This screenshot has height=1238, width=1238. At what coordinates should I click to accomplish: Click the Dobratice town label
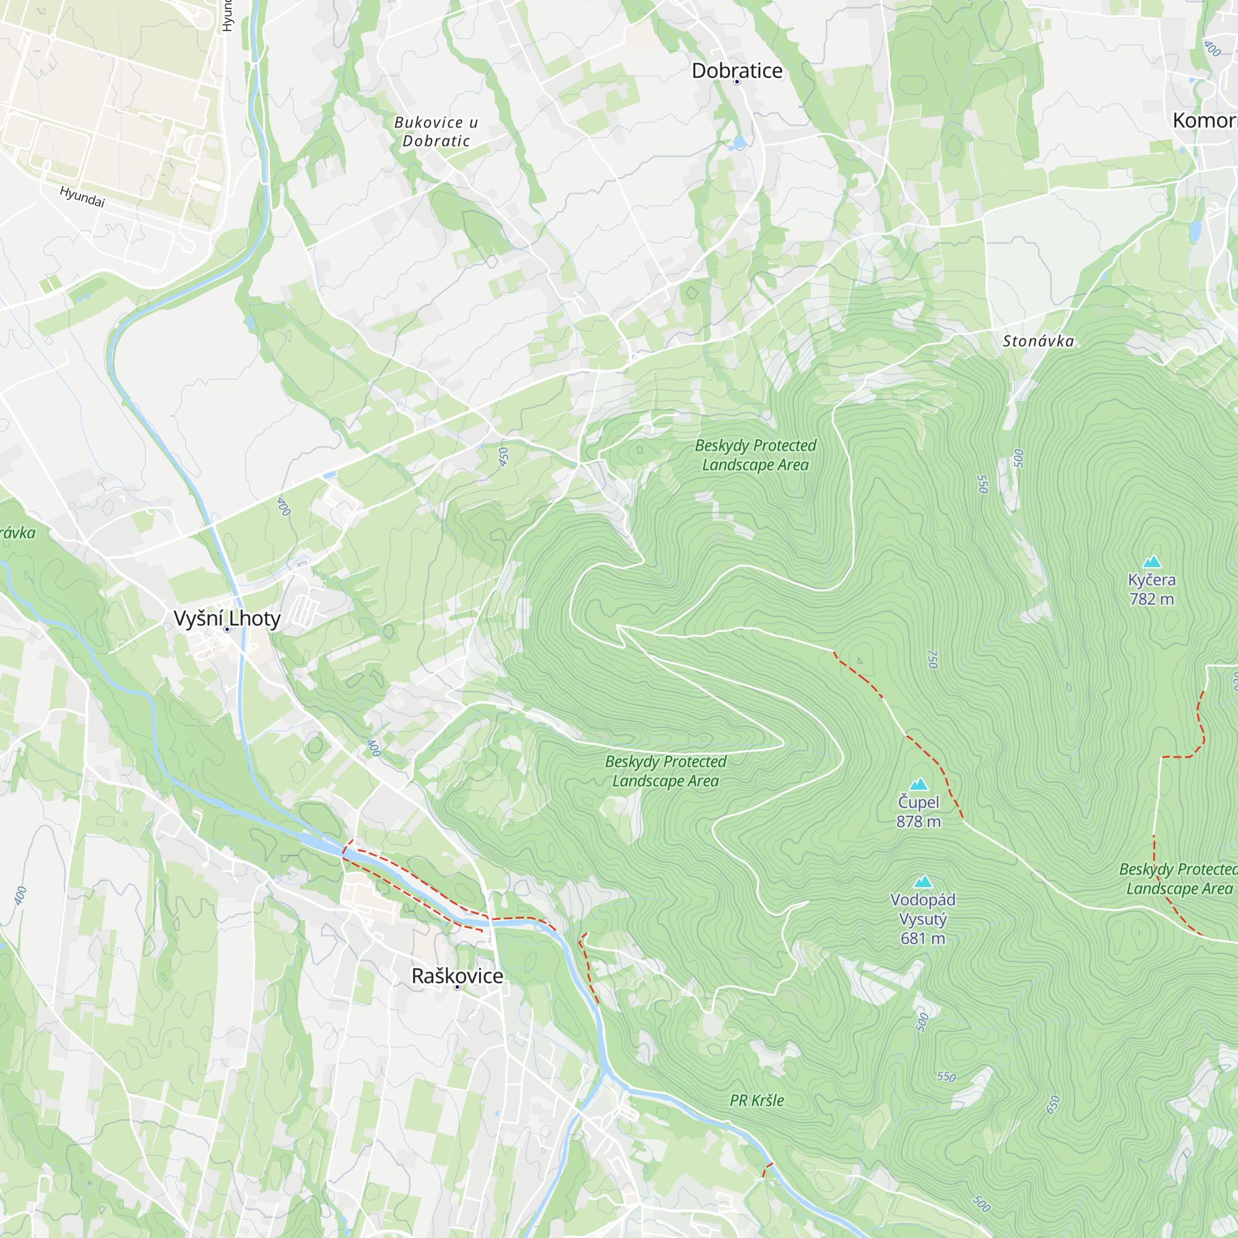(737, 71)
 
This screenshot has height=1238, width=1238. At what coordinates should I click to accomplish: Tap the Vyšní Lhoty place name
(227, 618)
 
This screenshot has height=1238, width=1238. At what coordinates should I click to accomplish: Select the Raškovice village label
(457, 976)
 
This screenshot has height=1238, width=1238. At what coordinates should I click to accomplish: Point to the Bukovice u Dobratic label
(436, 131)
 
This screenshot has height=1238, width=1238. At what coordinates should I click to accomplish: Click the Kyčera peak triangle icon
(1152, 562)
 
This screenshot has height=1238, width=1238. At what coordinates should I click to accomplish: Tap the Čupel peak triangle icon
(918, 784)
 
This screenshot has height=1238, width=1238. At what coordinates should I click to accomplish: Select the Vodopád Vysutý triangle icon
(923, 881)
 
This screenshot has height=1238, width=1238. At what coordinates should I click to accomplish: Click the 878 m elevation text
(918, 821)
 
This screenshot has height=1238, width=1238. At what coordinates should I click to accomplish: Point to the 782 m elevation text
(1151, 599)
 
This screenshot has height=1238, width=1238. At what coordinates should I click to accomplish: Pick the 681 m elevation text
(923, 938)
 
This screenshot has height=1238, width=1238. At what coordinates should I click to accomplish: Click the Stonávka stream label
(1038, 341)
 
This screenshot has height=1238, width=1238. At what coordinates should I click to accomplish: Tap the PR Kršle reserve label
(757, 1100)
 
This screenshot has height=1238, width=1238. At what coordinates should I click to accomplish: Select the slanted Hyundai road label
(82, 197)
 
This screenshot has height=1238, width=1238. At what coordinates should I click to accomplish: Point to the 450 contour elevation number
(504, 457)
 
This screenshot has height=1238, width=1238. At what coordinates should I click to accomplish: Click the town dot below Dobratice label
(737, 82)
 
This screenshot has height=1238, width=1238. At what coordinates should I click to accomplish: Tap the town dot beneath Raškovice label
(457, 987)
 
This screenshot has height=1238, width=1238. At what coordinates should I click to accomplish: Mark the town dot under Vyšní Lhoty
(227, 630)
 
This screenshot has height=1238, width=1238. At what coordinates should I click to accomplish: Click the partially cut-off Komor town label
(1203, 121)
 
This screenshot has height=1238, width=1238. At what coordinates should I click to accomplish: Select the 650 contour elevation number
(1053, 1105)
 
